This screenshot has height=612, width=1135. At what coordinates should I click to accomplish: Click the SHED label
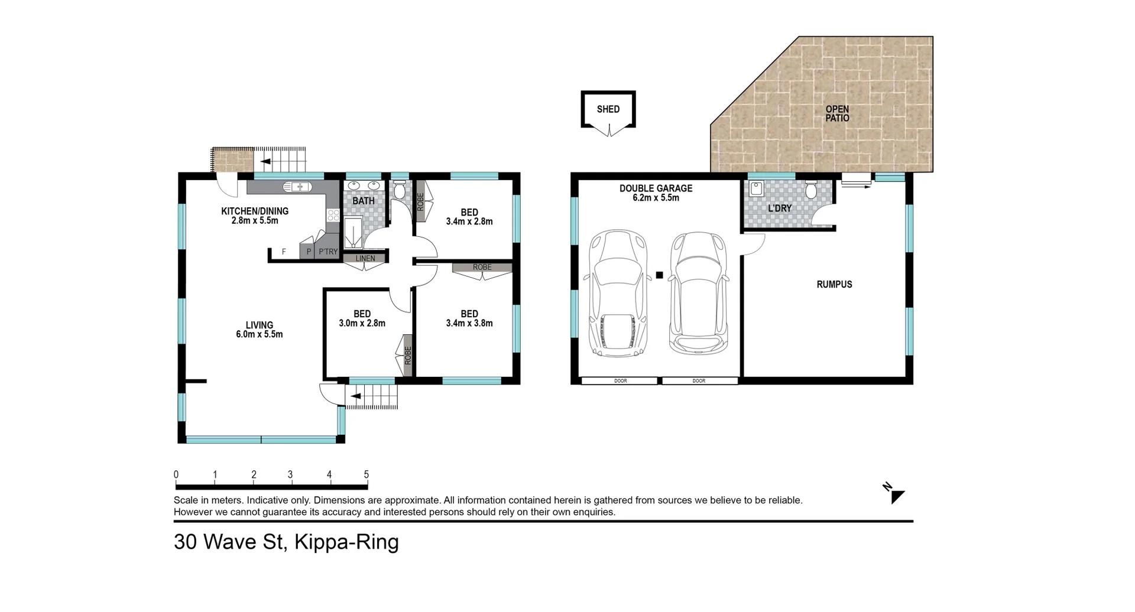(608, 109)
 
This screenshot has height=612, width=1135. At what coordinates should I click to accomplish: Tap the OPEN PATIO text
(837, 113)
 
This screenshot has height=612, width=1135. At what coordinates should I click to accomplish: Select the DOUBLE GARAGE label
(656, 188)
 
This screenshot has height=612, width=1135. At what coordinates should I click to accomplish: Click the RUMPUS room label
(834, 284)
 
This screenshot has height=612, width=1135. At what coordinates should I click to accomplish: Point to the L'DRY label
(780, 209)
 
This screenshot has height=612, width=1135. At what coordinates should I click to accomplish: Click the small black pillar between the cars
(659, 274)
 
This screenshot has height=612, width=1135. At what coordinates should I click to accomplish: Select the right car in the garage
(698, 293)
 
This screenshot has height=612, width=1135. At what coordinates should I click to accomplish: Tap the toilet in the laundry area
(811, 190)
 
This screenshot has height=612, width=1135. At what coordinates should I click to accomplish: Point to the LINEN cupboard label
(365, 258)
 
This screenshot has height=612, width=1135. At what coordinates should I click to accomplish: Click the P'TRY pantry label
(328, 252)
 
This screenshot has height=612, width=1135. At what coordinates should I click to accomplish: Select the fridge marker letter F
(284, 252)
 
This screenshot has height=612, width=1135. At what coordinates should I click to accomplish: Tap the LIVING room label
(260, 325)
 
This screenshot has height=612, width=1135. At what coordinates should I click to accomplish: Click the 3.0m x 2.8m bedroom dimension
(362, 323)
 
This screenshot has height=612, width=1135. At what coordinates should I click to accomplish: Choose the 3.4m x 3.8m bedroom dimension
(469, 323)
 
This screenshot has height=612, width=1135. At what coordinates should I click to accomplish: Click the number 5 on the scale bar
(367, 474)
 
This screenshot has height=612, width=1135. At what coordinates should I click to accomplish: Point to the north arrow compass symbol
(896, 495)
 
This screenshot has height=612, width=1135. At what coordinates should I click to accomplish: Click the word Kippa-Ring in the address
(346, 542)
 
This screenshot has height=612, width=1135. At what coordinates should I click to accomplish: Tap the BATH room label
(364, 201)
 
